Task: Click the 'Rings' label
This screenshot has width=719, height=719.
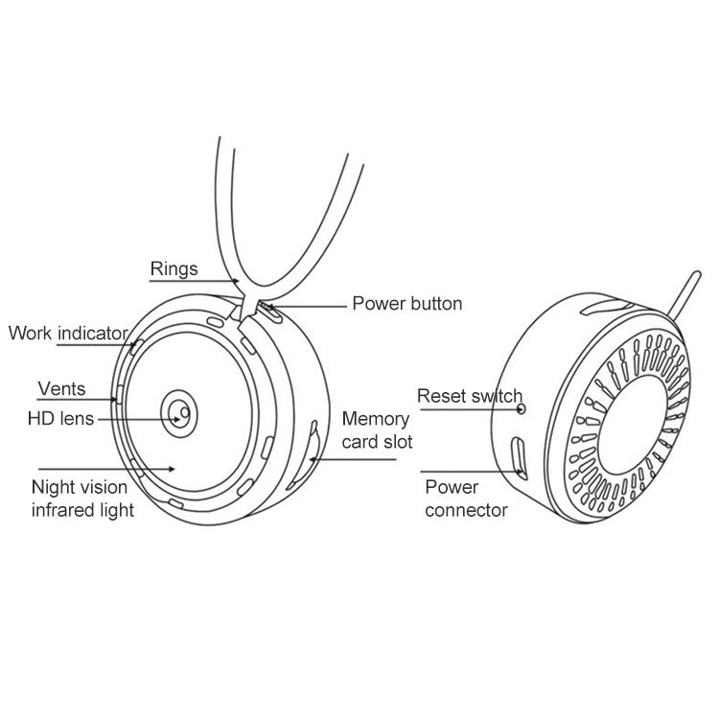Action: pyautogui.click(x=174, y=269)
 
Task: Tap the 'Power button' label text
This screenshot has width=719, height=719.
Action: pyautogui.click(x=407, y=304)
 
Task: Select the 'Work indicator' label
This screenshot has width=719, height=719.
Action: pyautogui.click(x=68, y=334)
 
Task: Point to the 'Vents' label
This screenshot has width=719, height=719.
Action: pyautogui.click(x=61, y=389)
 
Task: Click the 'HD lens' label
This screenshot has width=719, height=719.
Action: pyautogui.click(x=60, y=419)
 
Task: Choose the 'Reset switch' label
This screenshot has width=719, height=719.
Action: pyautogui.click(x=470, y=396)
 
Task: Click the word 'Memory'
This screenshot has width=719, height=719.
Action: pyautogui.click(x=376, y=420)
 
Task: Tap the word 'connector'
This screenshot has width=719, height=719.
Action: pyautogui.click(x=466, y=510)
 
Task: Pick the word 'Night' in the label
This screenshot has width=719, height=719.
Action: pyautogui.click(x=49, y=487)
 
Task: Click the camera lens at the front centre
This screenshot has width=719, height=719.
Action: pyautogui.click(x=179, y=413)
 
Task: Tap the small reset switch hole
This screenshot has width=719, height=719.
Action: pyautogui.click(x=522, y=408)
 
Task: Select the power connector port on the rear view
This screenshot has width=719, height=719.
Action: pyautogui.click(x=519, y=457)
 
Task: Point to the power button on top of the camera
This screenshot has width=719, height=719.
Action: pyautogui.click(x=269, y=312)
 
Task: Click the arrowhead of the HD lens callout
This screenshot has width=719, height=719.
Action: pyautogui.click(x=176, y=420)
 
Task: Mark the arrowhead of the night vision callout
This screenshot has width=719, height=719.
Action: pyautogui.click(x=172, y=469)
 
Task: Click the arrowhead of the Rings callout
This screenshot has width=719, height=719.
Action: pyautogui.click(x=236, y=281)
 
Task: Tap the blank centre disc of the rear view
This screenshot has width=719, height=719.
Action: pyautogui.click(x=633, y=425)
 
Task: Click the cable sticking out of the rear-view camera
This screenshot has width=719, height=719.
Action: pyautogui.click(x=684, y=294)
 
